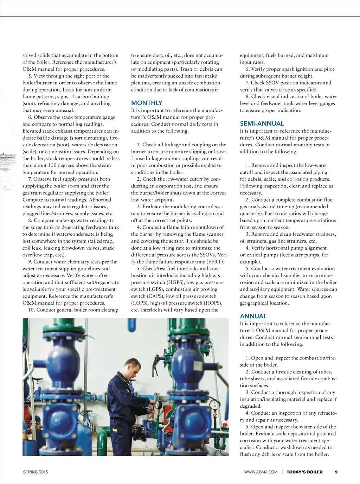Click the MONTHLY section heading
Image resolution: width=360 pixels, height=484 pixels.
tap(147, 103)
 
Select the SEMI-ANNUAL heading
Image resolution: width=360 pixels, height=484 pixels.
tap(262, 124)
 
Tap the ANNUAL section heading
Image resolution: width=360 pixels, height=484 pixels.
tap(253, 317)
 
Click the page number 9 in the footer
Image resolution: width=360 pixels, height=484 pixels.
tap(336, 472)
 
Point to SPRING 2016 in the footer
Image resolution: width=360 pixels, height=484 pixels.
tap(36, 472)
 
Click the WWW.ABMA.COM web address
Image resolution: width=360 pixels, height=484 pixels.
tap(261, 472)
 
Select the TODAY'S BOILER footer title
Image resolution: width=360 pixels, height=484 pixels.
tap(304, 472)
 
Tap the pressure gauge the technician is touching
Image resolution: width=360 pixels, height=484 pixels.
tap(159, 404)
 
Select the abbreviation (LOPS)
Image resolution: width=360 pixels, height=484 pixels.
tap(140, 303)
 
